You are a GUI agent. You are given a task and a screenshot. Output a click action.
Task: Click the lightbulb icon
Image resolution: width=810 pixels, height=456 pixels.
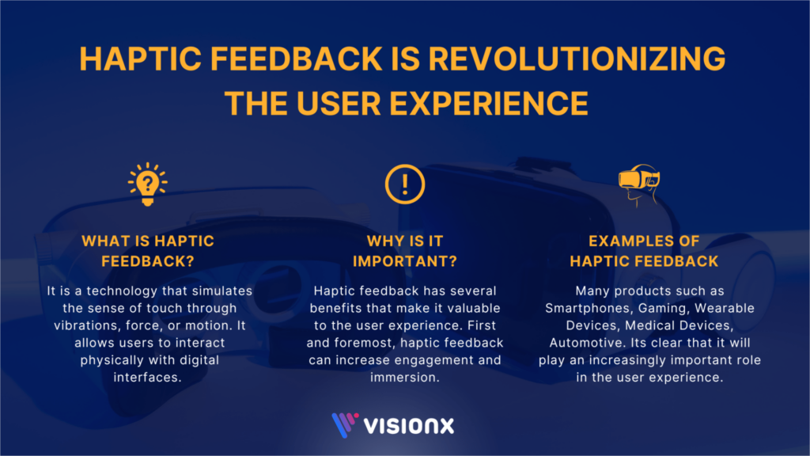click(148, 184)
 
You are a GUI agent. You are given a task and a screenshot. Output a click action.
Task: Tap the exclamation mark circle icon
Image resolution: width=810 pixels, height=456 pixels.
click(405, 184)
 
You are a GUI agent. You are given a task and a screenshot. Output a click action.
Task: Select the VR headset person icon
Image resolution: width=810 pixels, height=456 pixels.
click(639, 184)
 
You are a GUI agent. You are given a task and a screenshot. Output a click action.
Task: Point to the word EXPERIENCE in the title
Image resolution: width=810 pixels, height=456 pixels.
click(497, 104)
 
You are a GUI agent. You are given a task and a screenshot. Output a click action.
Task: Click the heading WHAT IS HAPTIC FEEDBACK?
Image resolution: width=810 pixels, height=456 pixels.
click(148, 250)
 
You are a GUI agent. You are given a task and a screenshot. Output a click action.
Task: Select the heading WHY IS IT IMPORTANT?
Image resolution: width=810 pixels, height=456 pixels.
click(405, 250)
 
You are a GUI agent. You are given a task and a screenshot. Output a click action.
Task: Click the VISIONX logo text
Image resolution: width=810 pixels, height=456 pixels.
click(409, 425)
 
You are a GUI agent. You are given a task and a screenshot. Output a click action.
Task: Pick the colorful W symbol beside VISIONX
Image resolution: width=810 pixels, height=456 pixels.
click(344, 424)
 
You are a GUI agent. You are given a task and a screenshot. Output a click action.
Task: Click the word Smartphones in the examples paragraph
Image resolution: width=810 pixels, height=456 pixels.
click(585, 308)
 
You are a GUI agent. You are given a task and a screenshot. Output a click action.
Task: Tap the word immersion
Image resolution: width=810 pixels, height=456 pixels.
click(404, 378)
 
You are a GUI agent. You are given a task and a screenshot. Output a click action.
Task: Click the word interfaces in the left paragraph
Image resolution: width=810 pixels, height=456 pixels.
click(148, 378)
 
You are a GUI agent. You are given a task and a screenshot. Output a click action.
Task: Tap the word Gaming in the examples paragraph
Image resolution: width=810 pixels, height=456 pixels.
click(654, 308)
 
